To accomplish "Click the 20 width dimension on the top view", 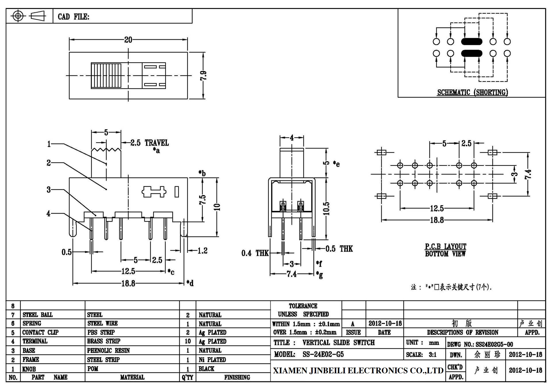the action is (x=128, y=40).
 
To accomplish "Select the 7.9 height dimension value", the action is (x=203, y=76).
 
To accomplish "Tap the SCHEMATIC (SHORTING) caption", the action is (x=473, y=92).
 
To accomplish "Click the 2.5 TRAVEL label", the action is (x=149, y=143).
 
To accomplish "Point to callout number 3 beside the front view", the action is (x=49, y=190).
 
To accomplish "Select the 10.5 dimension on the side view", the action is (x=326, y=208).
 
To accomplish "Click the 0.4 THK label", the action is (x=255, y=253).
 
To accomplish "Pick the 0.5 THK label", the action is (x=339, y=249).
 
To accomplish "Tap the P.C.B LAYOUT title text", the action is (x=446, y=247).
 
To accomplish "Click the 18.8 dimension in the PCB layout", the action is (x=437, y=220).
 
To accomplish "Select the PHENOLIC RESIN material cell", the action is (x=108, y=351).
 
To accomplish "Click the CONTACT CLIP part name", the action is (x=40, y=333).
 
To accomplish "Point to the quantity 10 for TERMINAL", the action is (x=187, y=341).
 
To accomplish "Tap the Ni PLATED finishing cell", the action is (x=212, y=360).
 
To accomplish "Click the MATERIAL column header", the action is (x=132, y=377).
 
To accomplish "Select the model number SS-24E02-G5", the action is (x=323, y=354).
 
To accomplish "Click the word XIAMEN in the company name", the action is (x=290, y=371).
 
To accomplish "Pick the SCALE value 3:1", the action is (x=433, y=355).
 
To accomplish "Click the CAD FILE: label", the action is (x=74, y=17).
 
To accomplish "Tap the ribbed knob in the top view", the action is (x=106, y=76).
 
